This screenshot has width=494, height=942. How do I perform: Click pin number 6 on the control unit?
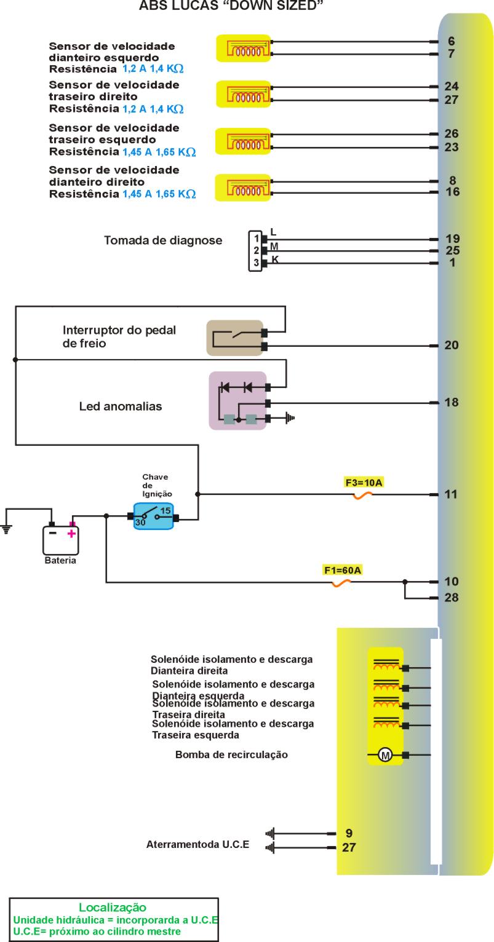(451, 41)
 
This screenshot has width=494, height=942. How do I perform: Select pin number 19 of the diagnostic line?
(452, 239)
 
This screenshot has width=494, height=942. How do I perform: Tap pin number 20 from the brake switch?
(452, 346)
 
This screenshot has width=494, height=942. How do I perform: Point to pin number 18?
(452, 403)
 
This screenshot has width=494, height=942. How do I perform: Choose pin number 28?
(452, 597)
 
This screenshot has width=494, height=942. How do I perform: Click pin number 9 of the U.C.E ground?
(349, 834)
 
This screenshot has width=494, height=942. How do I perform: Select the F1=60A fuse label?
(343, 570)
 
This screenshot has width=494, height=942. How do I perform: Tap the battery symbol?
(60, 539)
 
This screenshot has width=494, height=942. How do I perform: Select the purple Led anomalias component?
(237, 400)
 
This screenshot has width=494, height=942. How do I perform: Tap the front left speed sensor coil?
(244, 48)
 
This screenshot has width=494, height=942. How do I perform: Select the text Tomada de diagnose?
(163, 240)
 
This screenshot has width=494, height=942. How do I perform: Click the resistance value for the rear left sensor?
(159, 151)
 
